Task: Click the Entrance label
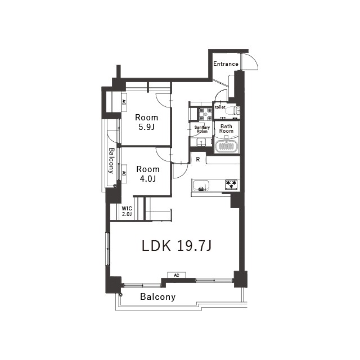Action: click(x=226, y=64)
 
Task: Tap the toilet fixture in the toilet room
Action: click(x=232, y=111)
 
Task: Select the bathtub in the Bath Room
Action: click(x=226, y=146)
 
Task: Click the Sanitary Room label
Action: click(x=202, y=129)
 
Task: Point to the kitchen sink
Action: click(x=201, y=186)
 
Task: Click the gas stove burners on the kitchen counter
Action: click(x=231, y=184)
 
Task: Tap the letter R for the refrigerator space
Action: click(x=198, y=159)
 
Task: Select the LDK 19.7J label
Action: click(x=176, y=246)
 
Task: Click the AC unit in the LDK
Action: click(x=177, y=275)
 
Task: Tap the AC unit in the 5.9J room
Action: click(x=124, y=102)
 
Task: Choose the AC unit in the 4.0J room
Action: click(x=124, y=174)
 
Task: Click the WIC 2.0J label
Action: click(x=127, y=211)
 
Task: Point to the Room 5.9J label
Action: click(x=146, y=122)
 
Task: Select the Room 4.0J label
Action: click(x=148, y=174)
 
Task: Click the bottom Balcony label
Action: click(x=157, y=297)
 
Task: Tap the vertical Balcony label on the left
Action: click(x=111, y=160)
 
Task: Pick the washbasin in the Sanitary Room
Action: click(x=201, y=142)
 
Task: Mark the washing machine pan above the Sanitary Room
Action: click(x=205, y=114)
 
